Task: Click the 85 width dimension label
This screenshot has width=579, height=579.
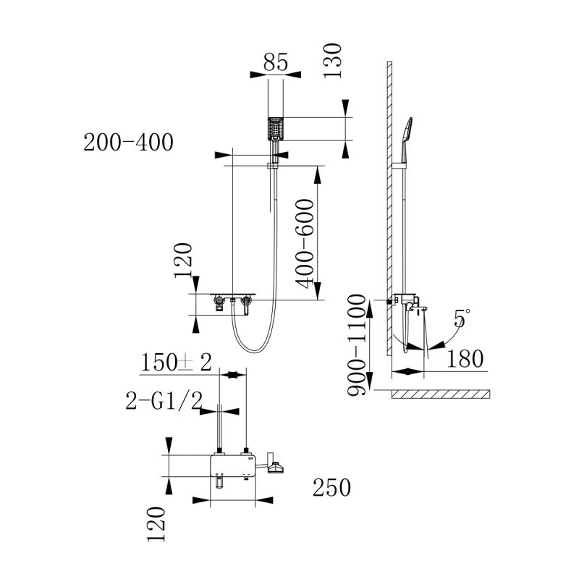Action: tap(276, 62)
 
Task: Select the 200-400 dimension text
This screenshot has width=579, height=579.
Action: tap(129, 143)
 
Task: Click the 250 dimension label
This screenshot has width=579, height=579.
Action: tap(331, 489)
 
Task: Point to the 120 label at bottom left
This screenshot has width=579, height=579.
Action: tap(155, 524)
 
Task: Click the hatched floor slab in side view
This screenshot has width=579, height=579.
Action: tap(441, 395)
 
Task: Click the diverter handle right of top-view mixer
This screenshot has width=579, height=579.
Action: tap(275, 467)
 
